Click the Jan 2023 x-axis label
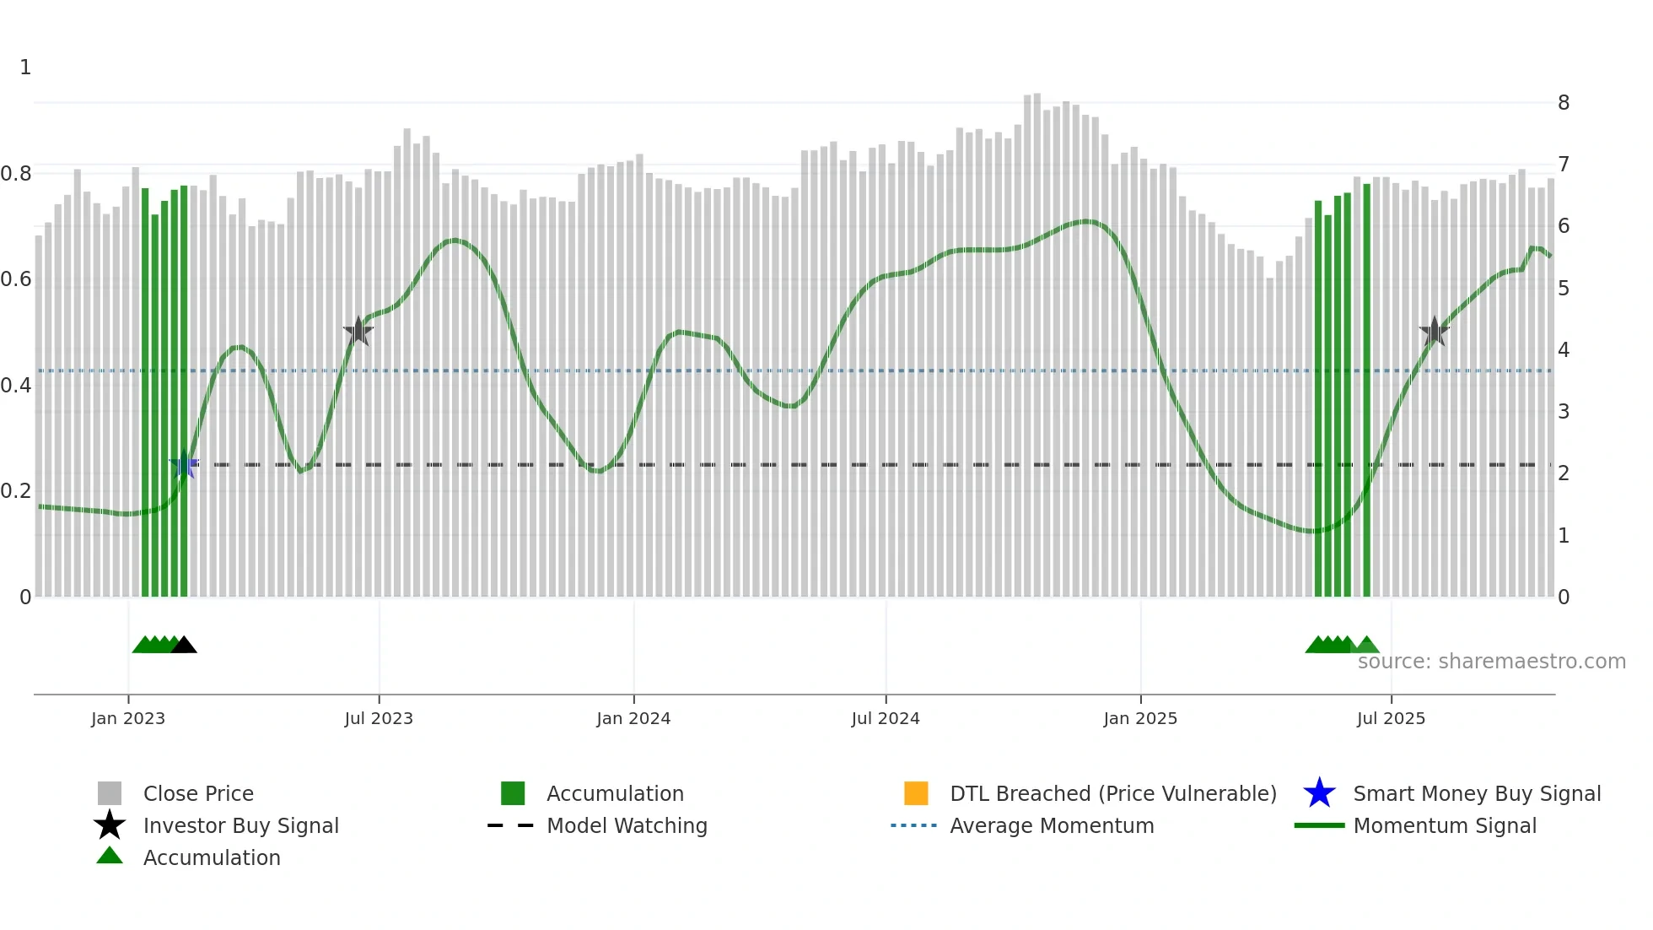click(x=128, y=718)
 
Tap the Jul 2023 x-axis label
click(x=379, y=718)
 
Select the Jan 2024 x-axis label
click(x=633, y=718)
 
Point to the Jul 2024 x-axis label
click(x=886, y=718)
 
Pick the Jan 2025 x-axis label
click(x=1140, y=718)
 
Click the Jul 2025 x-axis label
click(x=1391, y=718)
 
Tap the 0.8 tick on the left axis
click(x=16, y=174)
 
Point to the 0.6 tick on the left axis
click(x=16, y=279)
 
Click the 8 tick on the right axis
click(x=1564, y=103)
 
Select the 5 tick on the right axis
click(x=1564, y=289)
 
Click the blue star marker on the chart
click(x=184, y=465)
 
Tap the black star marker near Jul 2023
click(x=358, y=332)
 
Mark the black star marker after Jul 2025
click(x=1434, y=332)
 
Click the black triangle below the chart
click(x=184, y=646)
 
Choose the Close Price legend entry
click(x=198, y=793)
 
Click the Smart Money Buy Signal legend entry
click(x=1476, y=793)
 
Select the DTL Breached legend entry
click(x=1112, y=793)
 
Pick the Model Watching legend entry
click(x=627, y=825)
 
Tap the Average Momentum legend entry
click(x=1051, y=825)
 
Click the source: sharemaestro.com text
click(x=1491, y=662)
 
